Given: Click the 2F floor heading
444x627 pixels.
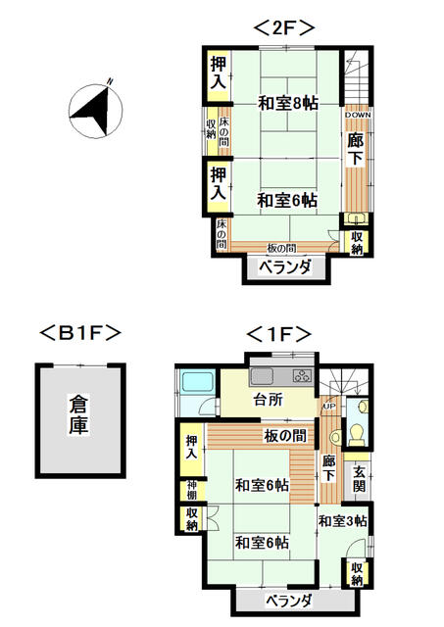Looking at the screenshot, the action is (284, 28).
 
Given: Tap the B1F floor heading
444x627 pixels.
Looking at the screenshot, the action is (80, 333).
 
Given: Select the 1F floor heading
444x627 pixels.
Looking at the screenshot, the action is (278, 334).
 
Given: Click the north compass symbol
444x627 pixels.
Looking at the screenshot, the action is (95, 111).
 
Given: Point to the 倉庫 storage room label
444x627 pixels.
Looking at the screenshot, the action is (78, 414).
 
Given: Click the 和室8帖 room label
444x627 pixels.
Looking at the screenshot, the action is (288, 103).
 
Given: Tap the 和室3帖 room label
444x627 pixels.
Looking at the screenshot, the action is (343, 520).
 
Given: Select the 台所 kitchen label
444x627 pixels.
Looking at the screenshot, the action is (269, 399).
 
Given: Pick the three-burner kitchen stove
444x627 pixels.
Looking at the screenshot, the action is (302, 375).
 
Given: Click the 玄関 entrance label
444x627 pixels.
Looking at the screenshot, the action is (359, 479).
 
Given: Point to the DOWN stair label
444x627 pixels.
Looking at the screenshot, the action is (358, 115).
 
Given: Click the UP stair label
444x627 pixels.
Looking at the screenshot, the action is (330, 407).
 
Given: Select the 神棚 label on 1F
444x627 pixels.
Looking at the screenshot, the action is (192, 490).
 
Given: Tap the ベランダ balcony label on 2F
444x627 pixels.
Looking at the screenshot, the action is (285, 266).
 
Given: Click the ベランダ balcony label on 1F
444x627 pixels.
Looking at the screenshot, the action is (289, 601).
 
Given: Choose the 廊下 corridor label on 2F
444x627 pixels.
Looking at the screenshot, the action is (355, 150).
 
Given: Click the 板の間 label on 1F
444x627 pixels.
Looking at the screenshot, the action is (285, 435).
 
